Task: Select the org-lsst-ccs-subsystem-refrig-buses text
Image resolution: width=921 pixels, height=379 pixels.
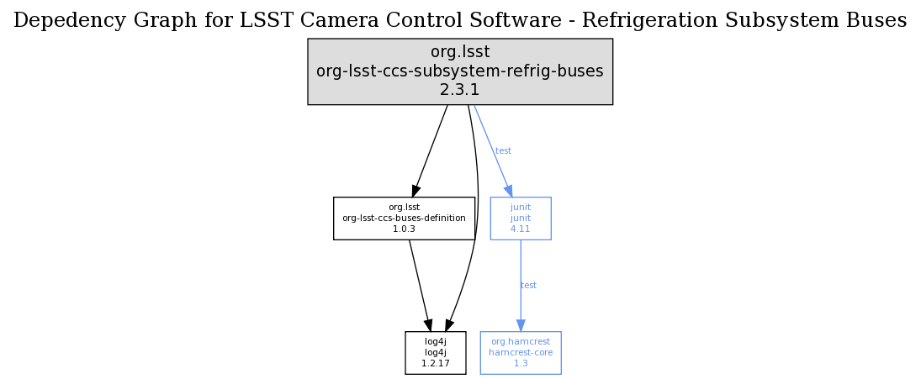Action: click(x=459, y=71)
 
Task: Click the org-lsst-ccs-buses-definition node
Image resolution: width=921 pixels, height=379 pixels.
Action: click(x=404, y=218)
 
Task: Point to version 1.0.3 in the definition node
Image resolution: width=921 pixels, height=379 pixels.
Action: click(x=404, y=229)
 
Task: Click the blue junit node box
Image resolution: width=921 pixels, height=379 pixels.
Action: click(x=521, y=218)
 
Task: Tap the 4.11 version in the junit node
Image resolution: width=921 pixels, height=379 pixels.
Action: click(x=521, y=229)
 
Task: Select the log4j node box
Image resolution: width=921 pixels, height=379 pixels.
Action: click(x=435, y=352)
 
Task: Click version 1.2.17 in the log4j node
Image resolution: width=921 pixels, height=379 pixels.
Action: click(x=435, y=363)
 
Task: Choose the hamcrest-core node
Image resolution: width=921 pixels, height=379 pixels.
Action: click(x=521, y=352)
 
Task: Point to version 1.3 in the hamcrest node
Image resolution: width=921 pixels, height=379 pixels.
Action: click(x=521, y=363)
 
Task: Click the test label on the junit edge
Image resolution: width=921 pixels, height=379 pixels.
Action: click(x=503, y=151)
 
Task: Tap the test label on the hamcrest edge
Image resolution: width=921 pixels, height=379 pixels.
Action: click(x=528, y=286)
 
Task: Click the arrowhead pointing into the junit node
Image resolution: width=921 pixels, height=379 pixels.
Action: click(x=509, y=192)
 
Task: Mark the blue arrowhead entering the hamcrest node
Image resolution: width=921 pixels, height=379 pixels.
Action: click(x=521, y=325)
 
